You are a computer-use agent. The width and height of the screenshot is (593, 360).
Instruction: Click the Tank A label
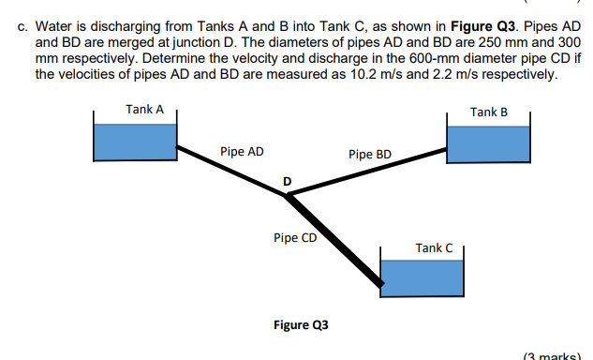click(x=144, y=110)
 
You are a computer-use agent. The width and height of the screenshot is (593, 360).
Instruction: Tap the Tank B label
click(x=489, y=112)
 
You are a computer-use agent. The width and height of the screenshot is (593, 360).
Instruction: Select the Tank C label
click(x=434, y=247)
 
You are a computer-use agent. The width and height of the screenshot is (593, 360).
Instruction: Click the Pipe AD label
click(x=242, y=150)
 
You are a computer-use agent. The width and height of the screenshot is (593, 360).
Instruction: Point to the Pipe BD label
click(x=369, y=154)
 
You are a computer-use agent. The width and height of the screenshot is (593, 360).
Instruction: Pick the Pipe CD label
click(x=295, y=237)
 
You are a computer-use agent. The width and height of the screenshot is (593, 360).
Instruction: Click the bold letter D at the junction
click(x=287, y=180)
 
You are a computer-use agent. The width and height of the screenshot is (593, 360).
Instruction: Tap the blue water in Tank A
click(x=135, y=141)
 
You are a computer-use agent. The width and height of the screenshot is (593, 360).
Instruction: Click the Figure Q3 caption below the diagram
click(x=300, y=325)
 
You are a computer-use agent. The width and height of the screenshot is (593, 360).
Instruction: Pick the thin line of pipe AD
click(x=234, y=169)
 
